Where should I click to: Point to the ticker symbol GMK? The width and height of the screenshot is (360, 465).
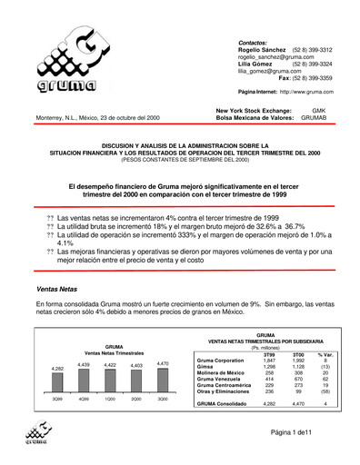(x=332, y=110)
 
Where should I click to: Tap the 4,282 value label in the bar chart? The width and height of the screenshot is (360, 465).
(x=57, y=368)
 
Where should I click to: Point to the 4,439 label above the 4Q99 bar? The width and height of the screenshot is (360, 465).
(x=84, y=364)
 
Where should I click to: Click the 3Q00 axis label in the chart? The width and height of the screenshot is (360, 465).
(x=163, y=400)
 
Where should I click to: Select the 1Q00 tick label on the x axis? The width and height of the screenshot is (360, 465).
(x=109, y=400)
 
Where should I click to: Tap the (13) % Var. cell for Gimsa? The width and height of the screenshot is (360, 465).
(x=326, y=368)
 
